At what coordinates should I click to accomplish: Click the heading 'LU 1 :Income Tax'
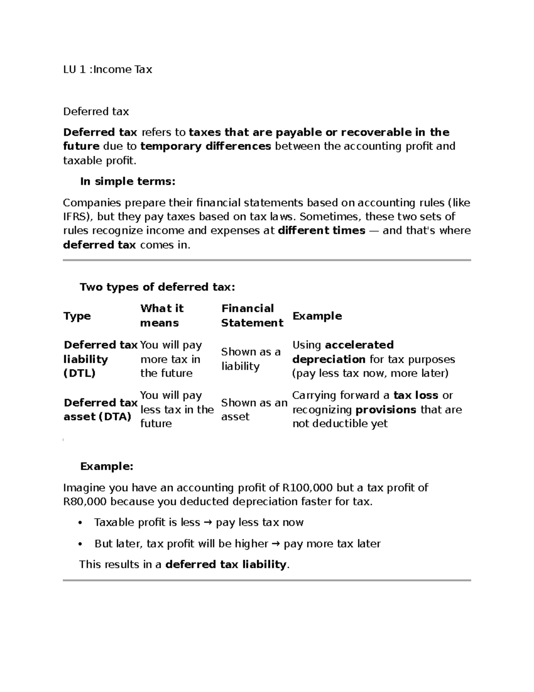[x=108, y=70]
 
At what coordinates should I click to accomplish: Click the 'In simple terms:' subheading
[x=128, y=181]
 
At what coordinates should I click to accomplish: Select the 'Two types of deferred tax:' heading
[x=157, y=287]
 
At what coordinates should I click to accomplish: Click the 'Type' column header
[x=77, y=316]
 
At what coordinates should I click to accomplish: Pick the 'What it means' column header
[x=162, y=315]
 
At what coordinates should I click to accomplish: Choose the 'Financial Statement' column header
[x=252, y=315]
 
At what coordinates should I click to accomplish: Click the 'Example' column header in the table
[x=317, y=316]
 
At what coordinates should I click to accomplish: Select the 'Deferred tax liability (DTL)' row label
[x=100, y=359]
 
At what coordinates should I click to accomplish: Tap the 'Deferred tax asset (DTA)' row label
[x=100, y=409]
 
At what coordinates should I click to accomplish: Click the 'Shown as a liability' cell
[x=251, y=359]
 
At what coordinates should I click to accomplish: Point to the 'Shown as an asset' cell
[x=254, y=409]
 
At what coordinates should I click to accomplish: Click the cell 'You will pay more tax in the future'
[x=171, y=359]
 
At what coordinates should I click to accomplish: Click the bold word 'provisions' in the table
[x=386, y=410]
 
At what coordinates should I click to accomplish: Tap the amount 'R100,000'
[x=307, y=488]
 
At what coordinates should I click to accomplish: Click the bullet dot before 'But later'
[x=80, y=544]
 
